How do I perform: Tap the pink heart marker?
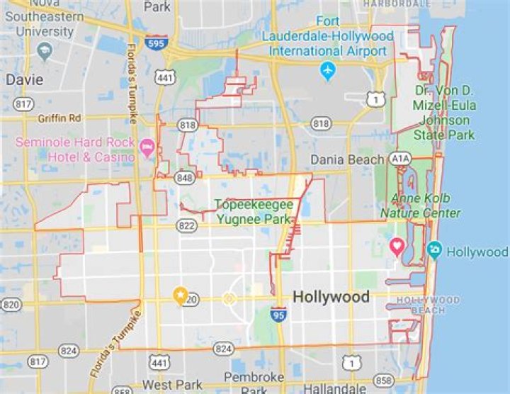pos(397,247)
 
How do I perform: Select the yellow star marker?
pos(180,295)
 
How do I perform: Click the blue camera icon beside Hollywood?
pos(434,250)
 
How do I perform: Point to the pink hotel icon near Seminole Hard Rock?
pos(147,148)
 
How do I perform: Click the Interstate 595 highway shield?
pos(157,43)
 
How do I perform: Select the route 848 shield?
pos(184,177)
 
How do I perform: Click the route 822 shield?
pos(187,225)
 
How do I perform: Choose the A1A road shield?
pos(400,159)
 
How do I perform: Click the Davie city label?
pos(25,79)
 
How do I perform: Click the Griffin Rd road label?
pos(60,118)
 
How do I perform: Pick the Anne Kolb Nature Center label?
pos(420,206)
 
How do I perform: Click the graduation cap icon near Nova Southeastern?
pos(46,51)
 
